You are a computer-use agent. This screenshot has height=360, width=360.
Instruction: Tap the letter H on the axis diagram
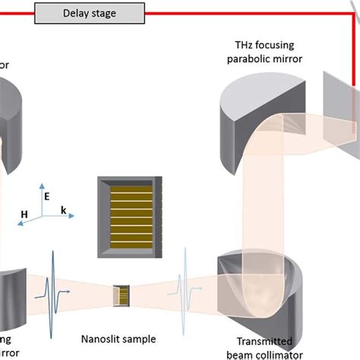(x=24, y=216)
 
